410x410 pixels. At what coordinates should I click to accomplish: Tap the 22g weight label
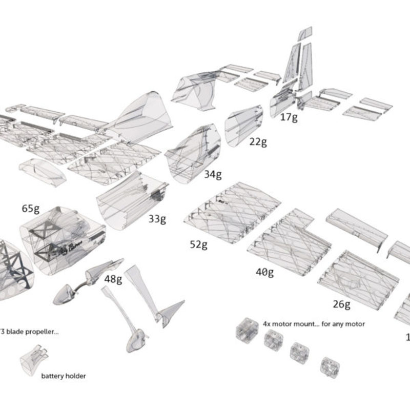[258, 142]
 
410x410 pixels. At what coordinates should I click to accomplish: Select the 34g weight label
[213, 174]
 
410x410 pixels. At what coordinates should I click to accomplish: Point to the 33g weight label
[157, 219]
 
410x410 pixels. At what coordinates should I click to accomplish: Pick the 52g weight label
[198, 244]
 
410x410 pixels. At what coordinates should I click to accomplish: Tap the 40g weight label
[264, 272]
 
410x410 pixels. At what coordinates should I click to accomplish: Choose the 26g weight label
[341, 304]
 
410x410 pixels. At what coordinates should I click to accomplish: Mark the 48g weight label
[113, 279]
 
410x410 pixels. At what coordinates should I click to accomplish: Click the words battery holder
[64, 376]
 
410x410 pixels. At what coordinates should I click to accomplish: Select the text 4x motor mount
[287, 324]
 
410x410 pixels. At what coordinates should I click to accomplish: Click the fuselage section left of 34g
[192, 151]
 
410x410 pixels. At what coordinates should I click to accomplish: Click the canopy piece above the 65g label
[43, 171]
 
